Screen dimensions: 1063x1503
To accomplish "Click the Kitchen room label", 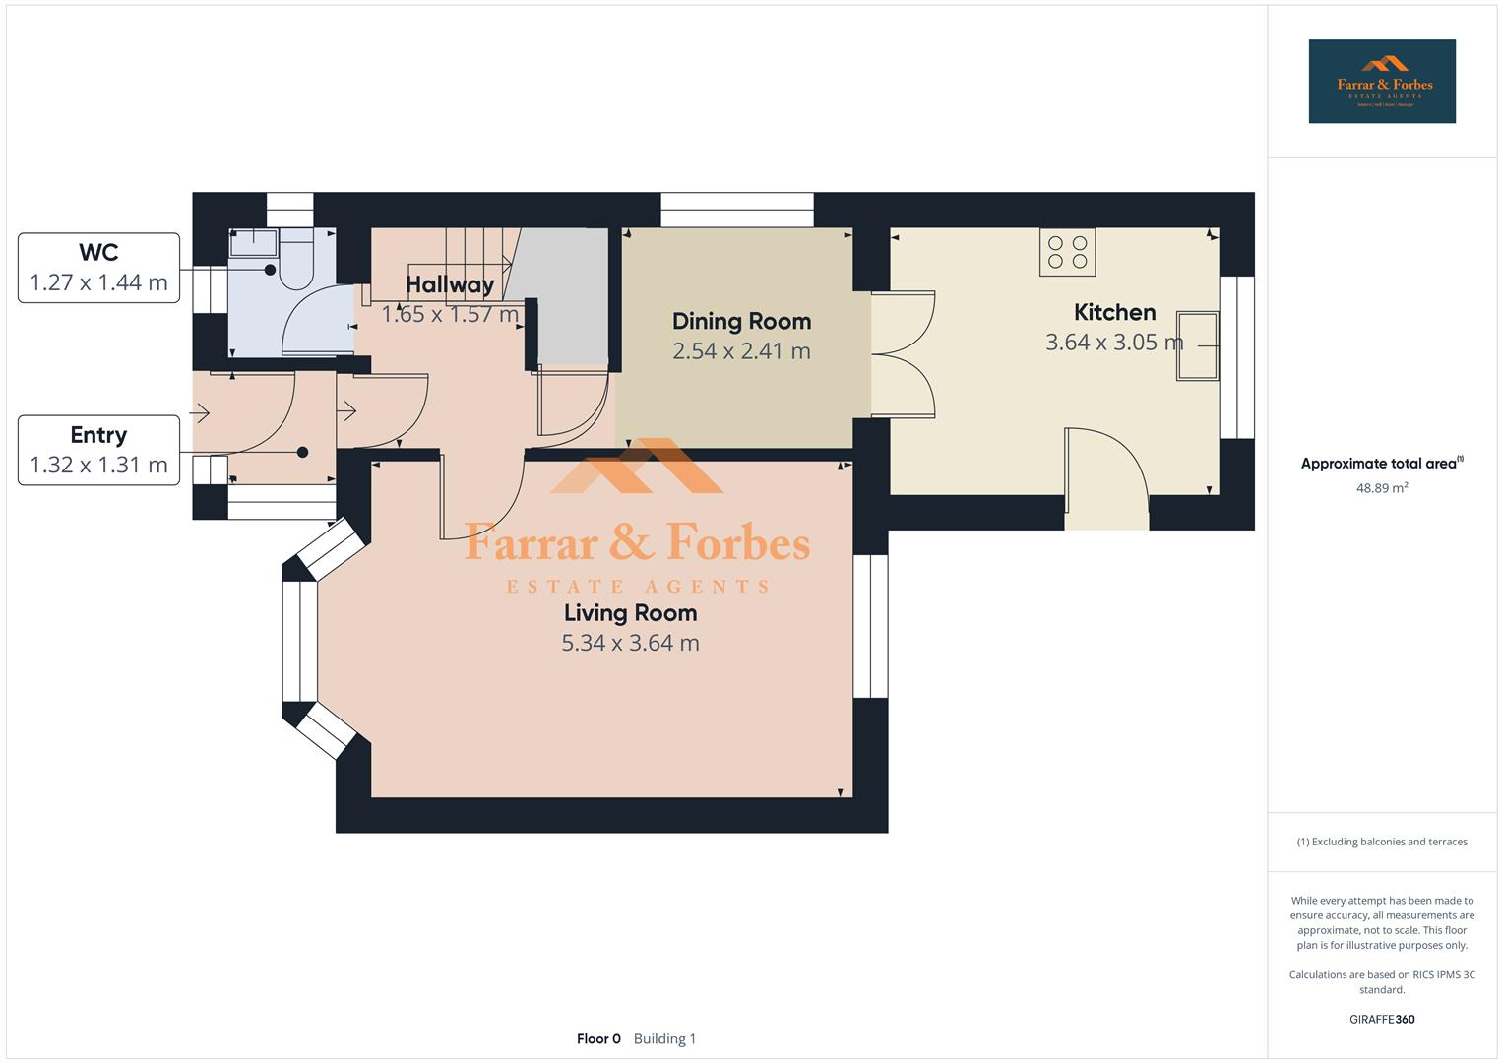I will click(x=1114, y=312).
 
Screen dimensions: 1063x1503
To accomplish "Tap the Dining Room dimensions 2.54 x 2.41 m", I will click(x=741, y=351).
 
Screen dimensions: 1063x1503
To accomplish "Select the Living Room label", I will click(x=630, y=612).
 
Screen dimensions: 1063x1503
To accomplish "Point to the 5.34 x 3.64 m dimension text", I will click(x=630, y=643).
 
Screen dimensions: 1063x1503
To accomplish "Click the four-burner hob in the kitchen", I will click(x=1067, y=252).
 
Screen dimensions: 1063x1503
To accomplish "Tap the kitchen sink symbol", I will click(x=1197, y=345).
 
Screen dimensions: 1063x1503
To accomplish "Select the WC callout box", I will click(x=98, y=268).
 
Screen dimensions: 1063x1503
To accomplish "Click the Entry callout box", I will click(x=98, y=450).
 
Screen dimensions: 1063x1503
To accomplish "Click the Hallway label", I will click(x=450, y=284).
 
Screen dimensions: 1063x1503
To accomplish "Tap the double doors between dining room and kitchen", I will click(x=901, y=354).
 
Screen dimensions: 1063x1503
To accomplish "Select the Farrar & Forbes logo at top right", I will click(x=1381, y=81).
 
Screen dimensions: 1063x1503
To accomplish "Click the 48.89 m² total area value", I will click(x=1381, y=488).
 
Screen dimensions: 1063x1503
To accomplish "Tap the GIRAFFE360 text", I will click(x=1381, y=1019).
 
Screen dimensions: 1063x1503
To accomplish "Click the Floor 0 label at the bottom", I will click(x=598, y=1038).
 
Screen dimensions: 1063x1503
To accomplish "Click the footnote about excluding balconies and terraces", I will click(x=1381, y=842).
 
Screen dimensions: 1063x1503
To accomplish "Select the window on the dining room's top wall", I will click(x=737, y=210).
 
